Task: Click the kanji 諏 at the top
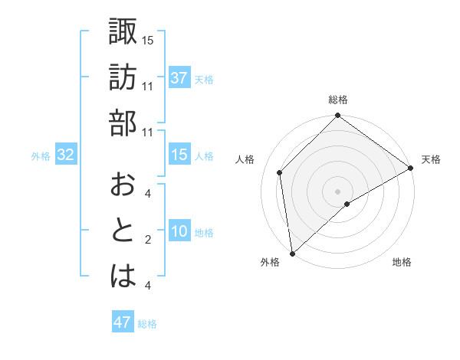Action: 123,31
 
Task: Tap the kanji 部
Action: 123,123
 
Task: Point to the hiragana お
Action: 123,185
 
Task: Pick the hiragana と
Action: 123,231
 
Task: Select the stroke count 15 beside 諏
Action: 148,40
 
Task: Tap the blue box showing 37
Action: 179,78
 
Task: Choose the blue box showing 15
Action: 179,155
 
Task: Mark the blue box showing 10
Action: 179,231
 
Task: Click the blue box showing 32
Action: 65,155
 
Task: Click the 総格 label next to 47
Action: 147,324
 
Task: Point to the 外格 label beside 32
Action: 41,156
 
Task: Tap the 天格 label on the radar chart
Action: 431,159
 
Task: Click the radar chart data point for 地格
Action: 347,204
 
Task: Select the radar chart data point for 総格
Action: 337,117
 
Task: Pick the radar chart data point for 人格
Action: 280,172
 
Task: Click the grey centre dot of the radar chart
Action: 337,191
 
